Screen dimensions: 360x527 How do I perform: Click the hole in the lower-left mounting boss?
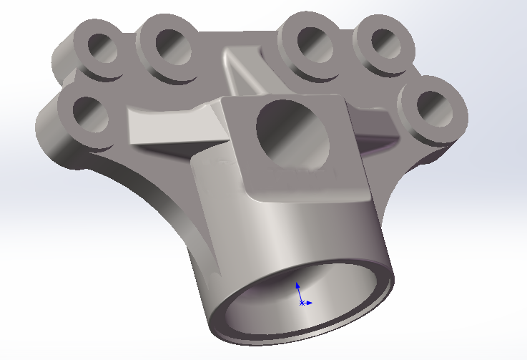(91, 115)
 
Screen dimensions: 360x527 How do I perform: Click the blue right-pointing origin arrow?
(310, 303)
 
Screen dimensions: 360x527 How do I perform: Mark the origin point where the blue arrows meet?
(302, 303)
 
